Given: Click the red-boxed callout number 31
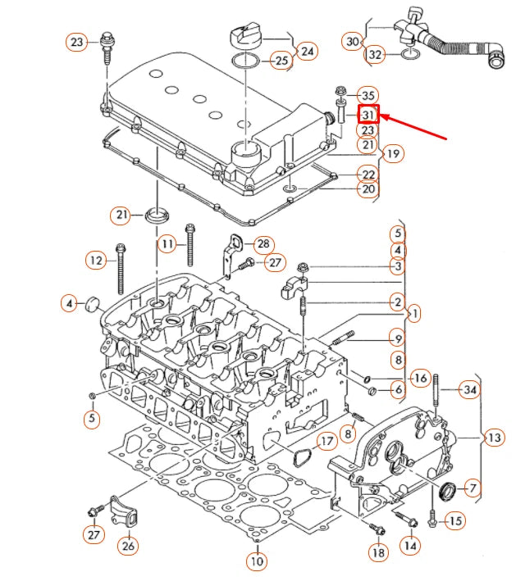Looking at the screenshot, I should pos(368,115).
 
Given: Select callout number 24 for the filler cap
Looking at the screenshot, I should pos(307,52).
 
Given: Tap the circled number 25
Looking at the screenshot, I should pos(281,60).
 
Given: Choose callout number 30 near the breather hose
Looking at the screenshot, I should pos(352,41).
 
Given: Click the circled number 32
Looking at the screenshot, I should pos(375,55).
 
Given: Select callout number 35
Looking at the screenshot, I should pos(368,96).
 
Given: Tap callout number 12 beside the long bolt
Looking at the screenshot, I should pos(97,261).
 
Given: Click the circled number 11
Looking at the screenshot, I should pos(167,243).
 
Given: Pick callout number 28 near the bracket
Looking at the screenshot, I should pos(263,244).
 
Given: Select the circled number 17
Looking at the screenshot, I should pos(326,442).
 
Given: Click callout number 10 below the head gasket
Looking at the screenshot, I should pos(257,561).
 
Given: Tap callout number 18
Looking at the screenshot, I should pos(377,553).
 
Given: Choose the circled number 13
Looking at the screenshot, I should pos(493,438).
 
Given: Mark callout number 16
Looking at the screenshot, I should pos(419,378).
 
